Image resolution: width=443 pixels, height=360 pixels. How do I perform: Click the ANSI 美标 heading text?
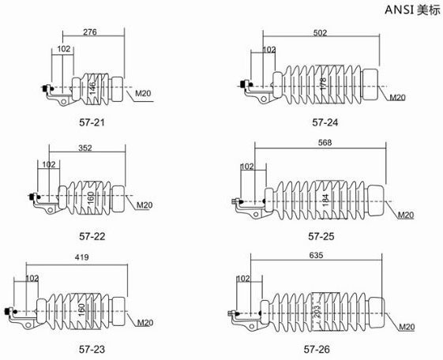point(412,10)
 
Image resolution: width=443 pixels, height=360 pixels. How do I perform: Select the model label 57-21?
point(92,122)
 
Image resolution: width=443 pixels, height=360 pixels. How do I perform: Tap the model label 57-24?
point(325,122)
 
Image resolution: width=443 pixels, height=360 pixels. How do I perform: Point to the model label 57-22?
point(92,236)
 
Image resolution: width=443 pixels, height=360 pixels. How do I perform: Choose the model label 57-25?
point(321,236)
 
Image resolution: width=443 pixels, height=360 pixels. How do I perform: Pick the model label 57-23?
point(92,349)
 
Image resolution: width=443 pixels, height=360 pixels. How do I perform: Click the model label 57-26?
point(317,349)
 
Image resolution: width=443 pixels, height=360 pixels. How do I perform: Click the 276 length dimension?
point(90,32)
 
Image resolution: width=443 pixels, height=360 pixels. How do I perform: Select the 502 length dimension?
point(320,32)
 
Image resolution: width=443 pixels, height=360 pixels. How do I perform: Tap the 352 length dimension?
point(85,148)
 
